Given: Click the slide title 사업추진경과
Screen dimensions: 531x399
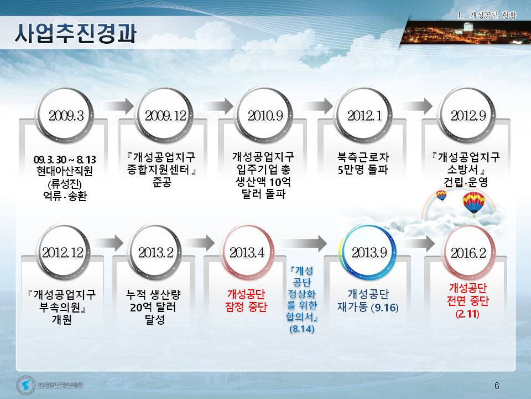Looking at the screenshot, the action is point(75,33).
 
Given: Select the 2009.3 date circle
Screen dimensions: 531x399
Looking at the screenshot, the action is point(66,115).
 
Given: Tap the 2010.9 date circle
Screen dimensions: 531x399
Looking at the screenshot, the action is point(265,115).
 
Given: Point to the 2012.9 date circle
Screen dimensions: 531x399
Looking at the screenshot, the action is point(468,115).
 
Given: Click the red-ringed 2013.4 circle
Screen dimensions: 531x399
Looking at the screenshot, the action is point(247,253).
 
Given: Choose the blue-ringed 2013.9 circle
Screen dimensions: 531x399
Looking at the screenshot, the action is point(368,253).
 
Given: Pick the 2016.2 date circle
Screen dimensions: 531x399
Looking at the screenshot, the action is point(468,253).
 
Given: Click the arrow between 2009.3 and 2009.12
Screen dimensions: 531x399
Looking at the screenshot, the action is point(117,106).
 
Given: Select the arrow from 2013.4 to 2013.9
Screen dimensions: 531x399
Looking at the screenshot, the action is point(303,243).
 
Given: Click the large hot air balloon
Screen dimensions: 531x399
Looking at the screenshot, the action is point(473,204).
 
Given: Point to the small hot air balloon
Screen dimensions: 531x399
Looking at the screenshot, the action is point(441,196).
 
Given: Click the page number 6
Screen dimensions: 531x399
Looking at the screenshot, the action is point(497,386).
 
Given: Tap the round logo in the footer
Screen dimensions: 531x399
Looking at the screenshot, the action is point(26,386).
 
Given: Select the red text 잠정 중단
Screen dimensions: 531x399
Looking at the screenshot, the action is point(246,307).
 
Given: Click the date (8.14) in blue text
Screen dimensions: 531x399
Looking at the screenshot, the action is point(302,329).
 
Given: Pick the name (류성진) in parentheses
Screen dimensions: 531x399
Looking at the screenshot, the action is point(64,183).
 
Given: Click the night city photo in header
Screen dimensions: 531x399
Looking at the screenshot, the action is point(466,33).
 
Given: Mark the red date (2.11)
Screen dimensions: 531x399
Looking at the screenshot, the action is point(468,314).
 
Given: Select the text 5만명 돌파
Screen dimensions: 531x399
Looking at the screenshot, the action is point(363,169).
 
